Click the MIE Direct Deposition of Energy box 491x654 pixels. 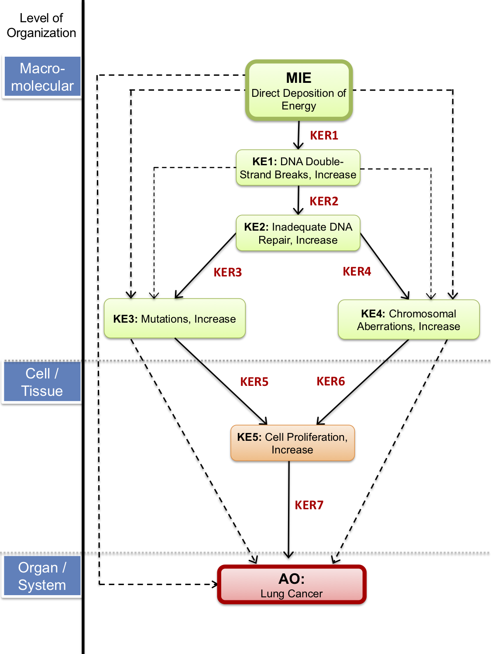(x=299, y=90)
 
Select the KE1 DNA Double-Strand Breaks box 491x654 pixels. (x=298, y=168)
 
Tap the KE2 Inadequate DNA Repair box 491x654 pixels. (x=298, y=233)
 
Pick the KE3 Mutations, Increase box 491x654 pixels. (x=175, y=319)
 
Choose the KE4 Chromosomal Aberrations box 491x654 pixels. (x=409, y=320)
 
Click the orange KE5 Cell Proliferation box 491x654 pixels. (x=292, y=443)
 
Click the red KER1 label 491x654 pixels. (x=324, y=136)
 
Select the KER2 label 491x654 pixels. (x=324, y=201)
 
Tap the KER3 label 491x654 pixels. (x=227, y=272)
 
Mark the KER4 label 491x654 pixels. (x=357, y=272)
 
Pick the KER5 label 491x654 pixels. (x=254, y=382)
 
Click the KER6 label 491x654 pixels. (x=330, y=381)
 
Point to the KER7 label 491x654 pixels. (x=309, y=505)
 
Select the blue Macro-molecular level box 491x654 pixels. (x=42, y=77)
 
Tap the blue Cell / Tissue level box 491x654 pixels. (x=42, y=382)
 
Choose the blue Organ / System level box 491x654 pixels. (x=42, y=576)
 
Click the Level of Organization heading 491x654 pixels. (x=41, y=25)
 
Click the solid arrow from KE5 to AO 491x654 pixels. (x=288, y=510)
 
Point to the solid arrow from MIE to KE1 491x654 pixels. (x=299, y=135)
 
